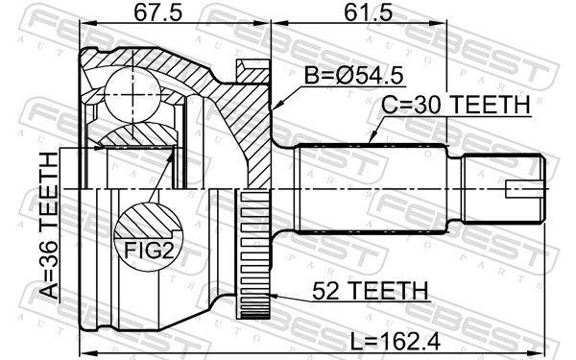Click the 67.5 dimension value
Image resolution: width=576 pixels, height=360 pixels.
[x=157, y=13]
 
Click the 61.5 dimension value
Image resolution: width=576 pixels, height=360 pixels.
[x=368, y=13]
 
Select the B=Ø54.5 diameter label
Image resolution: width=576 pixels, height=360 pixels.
[x=353, y=76]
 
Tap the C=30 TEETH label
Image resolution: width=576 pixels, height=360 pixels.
[x=455, y=105]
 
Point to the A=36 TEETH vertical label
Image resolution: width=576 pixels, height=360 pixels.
[x=49, y=225]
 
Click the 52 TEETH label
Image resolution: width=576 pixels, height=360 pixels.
[x=370, y=291]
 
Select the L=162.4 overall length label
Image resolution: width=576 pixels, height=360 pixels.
[x=395, y=342]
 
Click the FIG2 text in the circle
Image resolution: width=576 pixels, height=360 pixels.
[x=149, y=251]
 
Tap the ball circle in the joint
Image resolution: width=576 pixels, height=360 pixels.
[x=132, y=95]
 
